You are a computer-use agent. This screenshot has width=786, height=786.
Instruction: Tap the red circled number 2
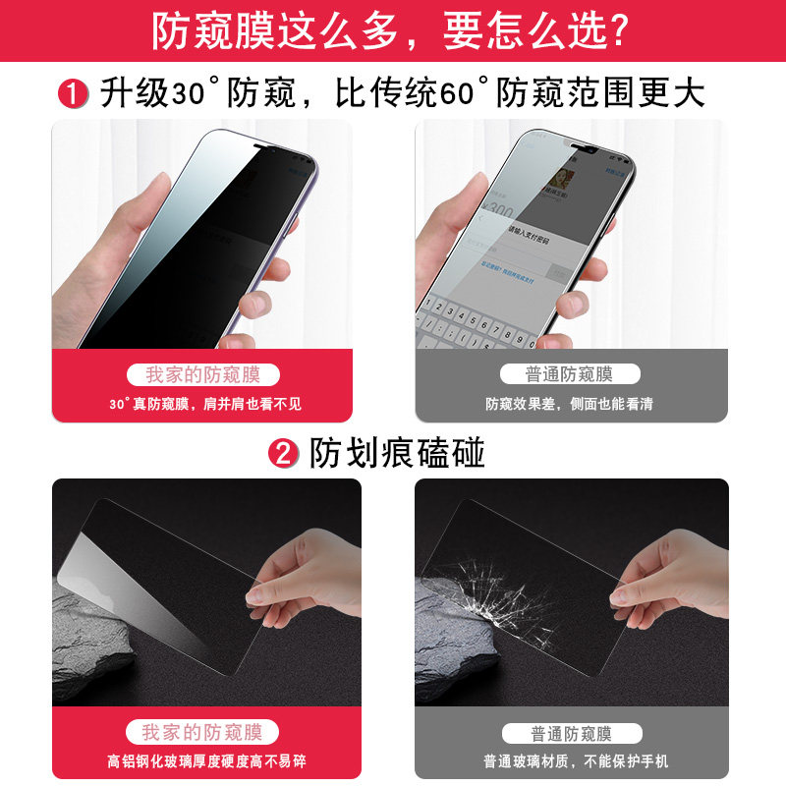coord(284,453)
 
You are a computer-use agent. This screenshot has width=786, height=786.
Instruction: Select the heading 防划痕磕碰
coord(398,453)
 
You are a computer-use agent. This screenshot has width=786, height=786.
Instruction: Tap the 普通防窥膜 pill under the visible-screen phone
coord(571,374)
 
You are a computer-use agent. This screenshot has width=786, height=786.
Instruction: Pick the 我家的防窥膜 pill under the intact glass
coord(202,732)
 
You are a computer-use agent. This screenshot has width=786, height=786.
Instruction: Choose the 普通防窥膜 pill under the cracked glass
coord(571,733)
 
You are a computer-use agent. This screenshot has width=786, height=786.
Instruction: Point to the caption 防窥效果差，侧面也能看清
coord(570,403)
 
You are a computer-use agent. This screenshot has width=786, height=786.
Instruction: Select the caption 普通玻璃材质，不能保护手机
coord(571,760)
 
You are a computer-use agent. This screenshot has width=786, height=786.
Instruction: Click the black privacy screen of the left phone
coord(226,236)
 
